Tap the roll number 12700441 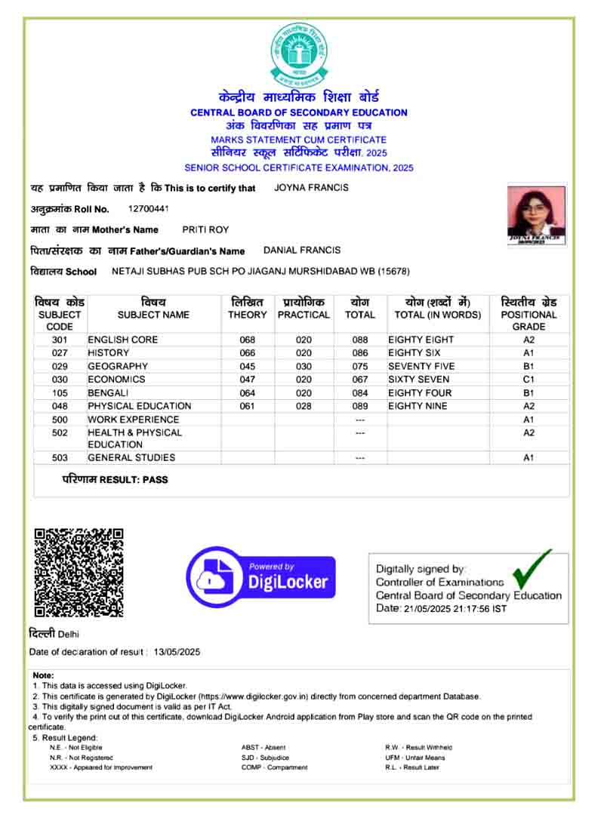click(149, 208)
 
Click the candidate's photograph click(537, 214)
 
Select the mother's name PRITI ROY click(205, 229)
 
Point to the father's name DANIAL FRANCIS click(302, 250)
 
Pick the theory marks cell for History click(248, 353)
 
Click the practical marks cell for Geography click(304, 366)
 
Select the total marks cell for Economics click(360, 380)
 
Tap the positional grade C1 click(528, 380)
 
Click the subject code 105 click(60, 393)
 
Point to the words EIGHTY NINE click(418, 406)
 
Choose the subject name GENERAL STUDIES click(131, 458)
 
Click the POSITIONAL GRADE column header click(528, 314)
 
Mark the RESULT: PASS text click(115, 480)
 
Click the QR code click(79, 572)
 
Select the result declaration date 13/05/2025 click(177, 652)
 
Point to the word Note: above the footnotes click(43, 675)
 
